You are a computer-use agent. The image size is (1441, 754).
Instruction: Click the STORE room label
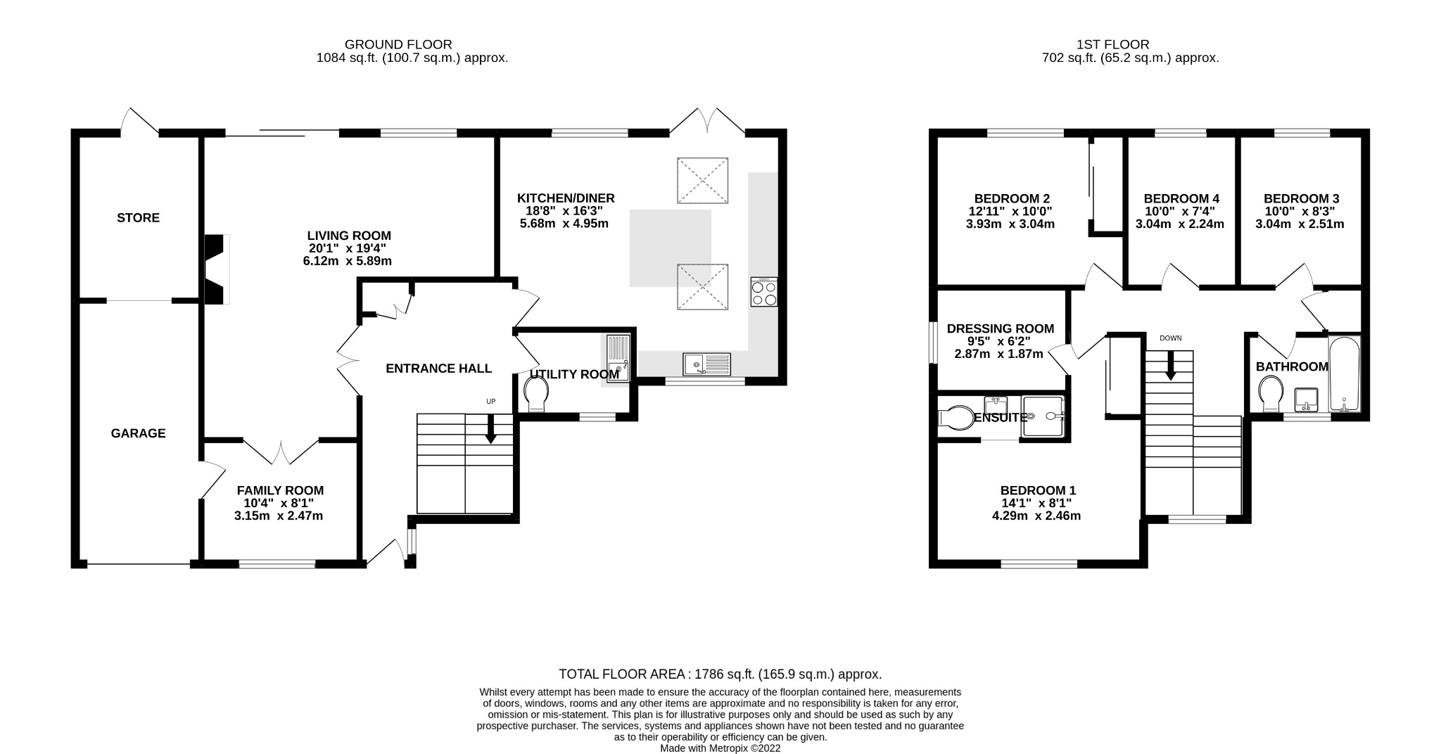(x=138, y=218)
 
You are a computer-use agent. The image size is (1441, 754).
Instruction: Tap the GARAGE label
(x=138, y=433)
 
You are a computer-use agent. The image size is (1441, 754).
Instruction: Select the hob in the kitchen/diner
(x=764, y=292)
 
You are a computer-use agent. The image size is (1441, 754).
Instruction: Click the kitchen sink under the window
(x=706, y=364)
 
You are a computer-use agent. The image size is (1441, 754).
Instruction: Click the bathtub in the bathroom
(x=1344, y=374)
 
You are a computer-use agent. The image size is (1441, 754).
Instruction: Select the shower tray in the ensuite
(x=1043, y=417)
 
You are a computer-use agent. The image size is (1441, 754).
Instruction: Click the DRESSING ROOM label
(x=1000, y=328)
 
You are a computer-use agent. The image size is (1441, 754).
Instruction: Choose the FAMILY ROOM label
(x=280, y=490)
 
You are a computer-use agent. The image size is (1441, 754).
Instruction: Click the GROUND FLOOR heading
(x=398, y=45)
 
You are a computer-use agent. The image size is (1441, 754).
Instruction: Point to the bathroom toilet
(x=1271, y=393)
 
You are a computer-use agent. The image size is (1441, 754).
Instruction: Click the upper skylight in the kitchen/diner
(x=702, y=181)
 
